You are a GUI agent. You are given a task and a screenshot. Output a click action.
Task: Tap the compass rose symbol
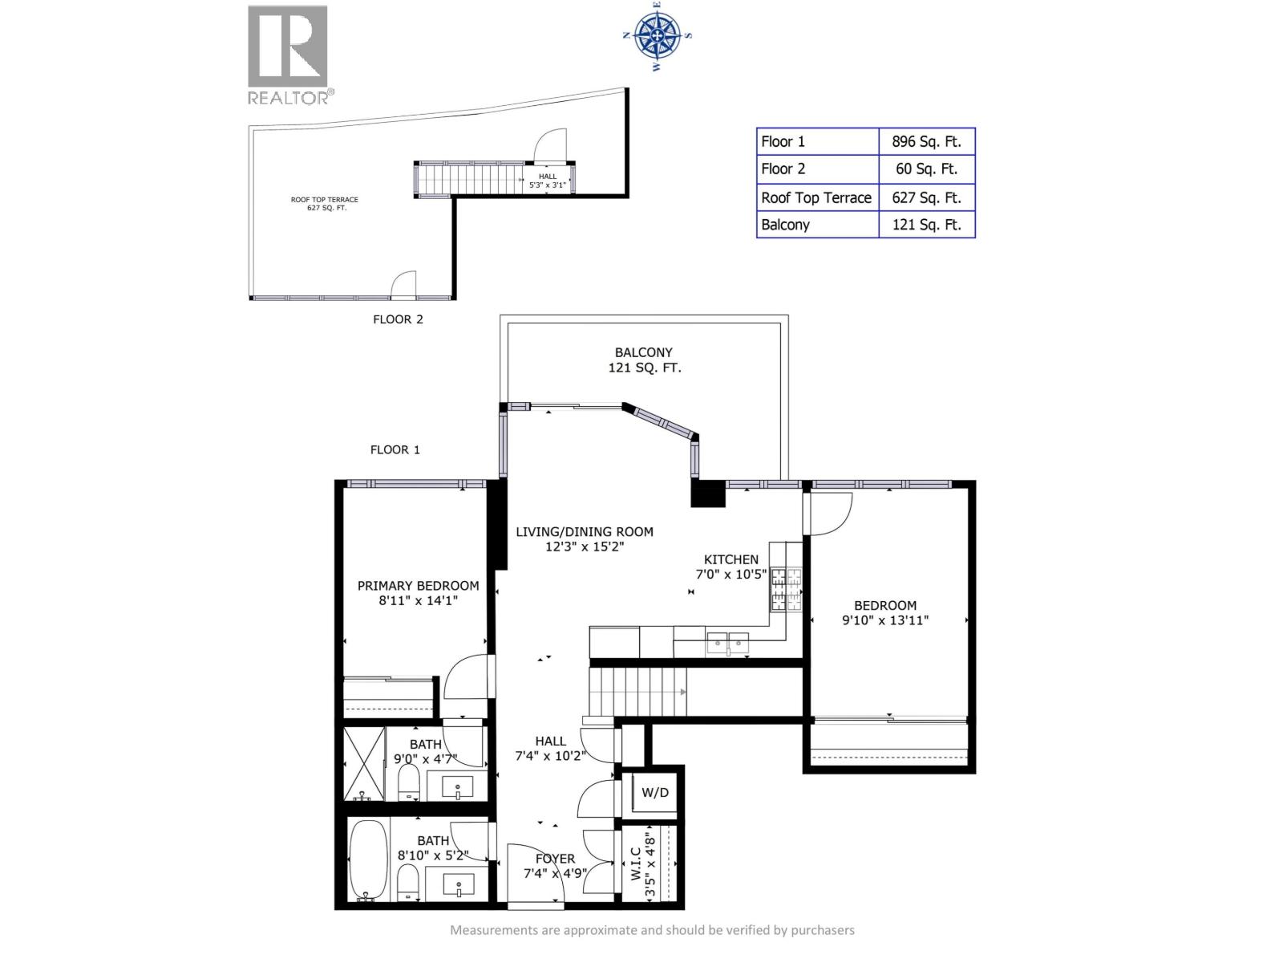(x=657, y=36)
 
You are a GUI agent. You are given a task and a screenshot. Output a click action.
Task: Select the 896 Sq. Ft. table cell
(x=926, y=141)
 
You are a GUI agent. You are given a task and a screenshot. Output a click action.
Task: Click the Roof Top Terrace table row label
(x=816, y=197)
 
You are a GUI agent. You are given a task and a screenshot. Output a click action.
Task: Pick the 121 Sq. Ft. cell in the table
(x=926, y=225)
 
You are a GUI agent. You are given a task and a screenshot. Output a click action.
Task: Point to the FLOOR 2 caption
(x=398, y=319)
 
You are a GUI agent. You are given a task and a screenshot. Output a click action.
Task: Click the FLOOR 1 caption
(x=395, y=449)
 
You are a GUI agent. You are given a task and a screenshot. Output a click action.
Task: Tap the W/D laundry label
(x=654, y=793)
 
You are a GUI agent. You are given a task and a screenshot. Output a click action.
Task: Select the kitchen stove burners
(x=786, y=589)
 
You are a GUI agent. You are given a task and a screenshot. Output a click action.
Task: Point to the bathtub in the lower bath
(x=368, y=861)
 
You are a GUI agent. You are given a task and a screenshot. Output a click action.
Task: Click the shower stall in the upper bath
(x=364, y=763)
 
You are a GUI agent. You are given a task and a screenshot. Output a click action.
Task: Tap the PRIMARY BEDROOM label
(x=419, y=586)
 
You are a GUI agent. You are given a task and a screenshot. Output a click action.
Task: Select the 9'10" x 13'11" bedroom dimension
(x=885, y=620)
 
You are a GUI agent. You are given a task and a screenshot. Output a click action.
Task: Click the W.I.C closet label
(x=636, y=863)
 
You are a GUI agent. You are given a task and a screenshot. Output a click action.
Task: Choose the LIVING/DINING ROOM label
(x=585, y=532)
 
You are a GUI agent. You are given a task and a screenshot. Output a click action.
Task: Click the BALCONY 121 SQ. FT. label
(x=644, y=360)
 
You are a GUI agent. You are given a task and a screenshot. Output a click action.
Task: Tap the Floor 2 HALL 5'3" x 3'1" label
(x=548, y=181)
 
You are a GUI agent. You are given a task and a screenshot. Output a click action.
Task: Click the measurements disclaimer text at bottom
(x=652, y=930)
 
